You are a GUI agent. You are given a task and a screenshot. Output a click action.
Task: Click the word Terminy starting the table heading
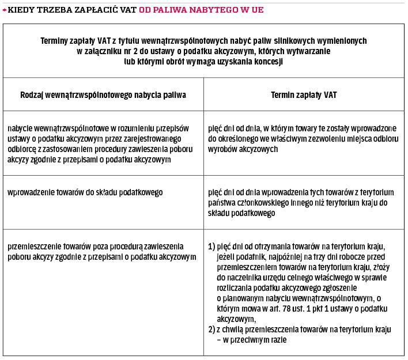pos(56,41)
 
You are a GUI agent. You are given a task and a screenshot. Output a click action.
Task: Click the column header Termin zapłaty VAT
pos(304,94)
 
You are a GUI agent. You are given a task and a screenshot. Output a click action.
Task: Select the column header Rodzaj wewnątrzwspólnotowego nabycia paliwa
pos(103,94)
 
